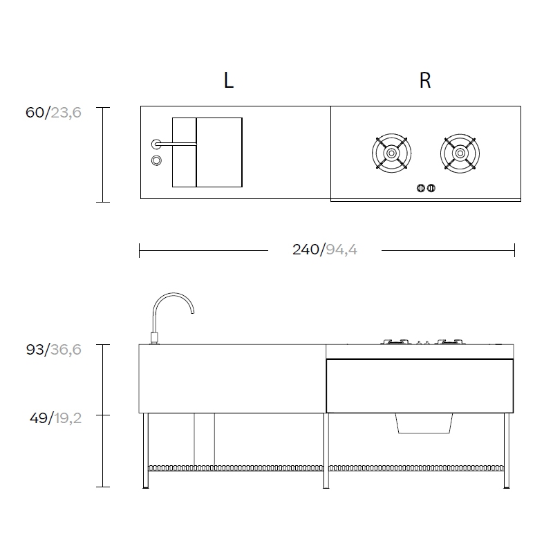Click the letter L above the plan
point(229,80)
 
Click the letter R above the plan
point(425,80)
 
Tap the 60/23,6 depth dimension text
point(53,113)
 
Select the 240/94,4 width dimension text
point(324,250)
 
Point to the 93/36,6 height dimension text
point(54,350)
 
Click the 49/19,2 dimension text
point(56,418)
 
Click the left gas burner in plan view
point(391,153)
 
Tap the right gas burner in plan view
point(460,153)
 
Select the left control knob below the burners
point(421,188)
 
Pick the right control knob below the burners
point(431,188)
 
